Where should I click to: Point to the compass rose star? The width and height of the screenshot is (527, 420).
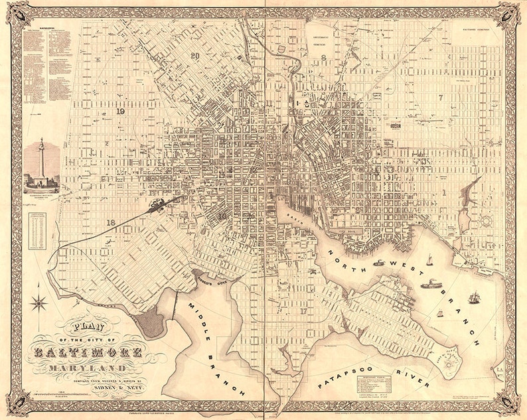[x=39, y=303]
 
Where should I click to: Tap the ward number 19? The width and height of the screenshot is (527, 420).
[x=120, y=112]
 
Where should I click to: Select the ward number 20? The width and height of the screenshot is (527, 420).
[x=194, y=56]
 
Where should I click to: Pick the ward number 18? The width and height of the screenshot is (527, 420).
[x=112, y=223]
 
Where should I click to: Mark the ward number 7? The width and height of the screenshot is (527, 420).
[x=440, y=98]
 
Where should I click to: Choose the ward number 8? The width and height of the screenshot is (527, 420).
[x=323, y=58]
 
